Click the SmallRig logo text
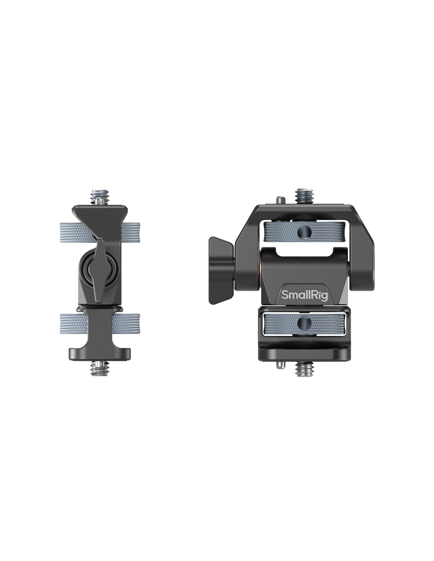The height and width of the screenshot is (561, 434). coord(304,295)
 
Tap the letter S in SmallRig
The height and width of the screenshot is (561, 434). coord(284,295)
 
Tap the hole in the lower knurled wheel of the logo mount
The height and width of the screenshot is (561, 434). coord(304,323)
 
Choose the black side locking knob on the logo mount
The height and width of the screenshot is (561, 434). coord(221,270)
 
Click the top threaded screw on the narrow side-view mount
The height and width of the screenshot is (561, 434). coord(98,198)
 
